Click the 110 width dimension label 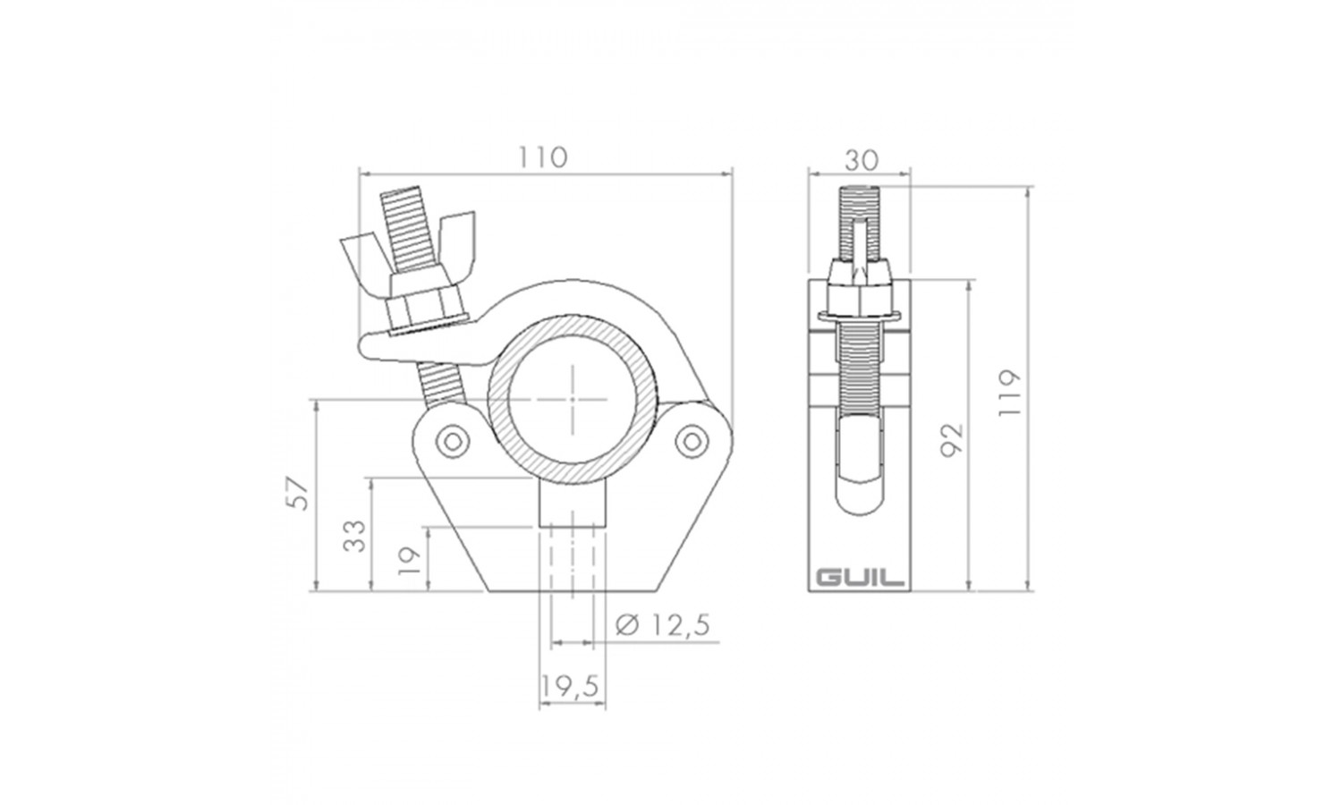542,157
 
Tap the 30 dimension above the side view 861,160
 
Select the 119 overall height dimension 1009,393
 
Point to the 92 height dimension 951,440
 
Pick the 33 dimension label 354,536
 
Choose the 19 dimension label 411,561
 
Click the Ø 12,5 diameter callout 663,625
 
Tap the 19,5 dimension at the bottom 570,686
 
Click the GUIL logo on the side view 861,578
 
